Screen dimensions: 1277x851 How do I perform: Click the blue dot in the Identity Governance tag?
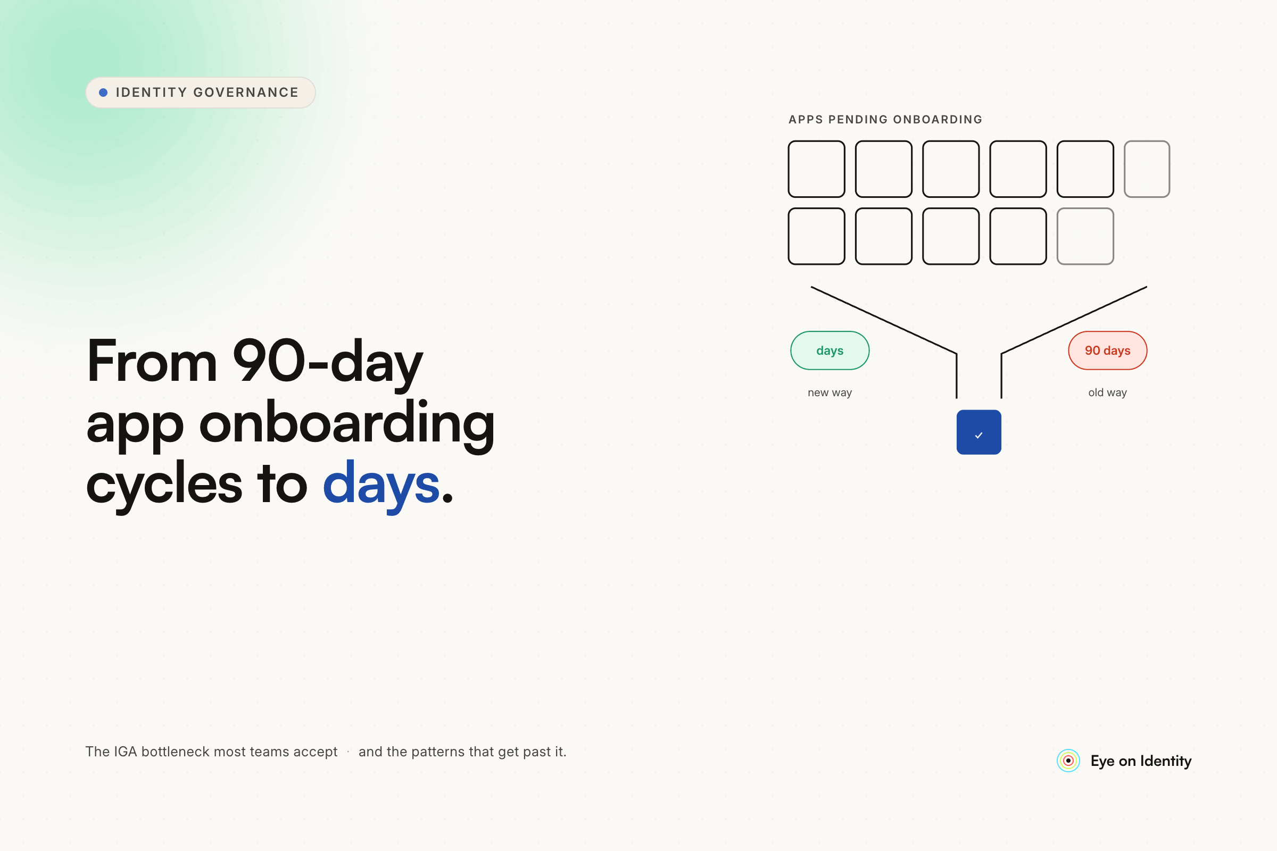pos(103,93)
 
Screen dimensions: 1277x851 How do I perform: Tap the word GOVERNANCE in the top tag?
pos(246,92)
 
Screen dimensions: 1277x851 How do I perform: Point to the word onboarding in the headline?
pos(347,424)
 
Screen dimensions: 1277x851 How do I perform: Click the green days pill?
pos(830,351)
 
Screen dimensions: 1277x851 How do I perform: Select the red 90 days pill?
pos(1108,351)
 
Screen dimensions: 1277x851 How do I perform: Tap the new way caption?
pos(830,393)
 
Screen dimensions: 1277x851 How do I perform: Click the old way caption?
pos(1108,393)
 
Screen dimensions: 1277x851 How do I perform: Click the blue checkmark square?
pos(979,432)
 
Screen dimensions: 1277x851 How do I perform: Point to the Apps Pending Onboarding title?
pos(885,119)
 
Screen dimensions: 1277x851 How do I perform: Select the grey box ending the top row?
pos(1147,169)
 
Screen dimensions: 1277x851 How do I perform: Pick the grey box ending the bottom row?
pos(1085,236)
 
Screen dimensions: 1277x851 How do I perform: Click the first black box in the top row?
pos(817,169)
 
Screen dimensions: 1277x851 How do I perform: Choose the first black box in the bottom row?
pos(817,236)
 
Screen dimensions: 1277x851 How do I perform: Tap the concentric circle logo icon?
pos(1068,761)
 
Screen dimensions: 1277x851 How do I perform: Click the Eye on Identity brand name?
pos(1141,761)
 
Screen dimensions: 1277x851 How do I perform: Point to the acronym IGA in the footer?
pos(125,752)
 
